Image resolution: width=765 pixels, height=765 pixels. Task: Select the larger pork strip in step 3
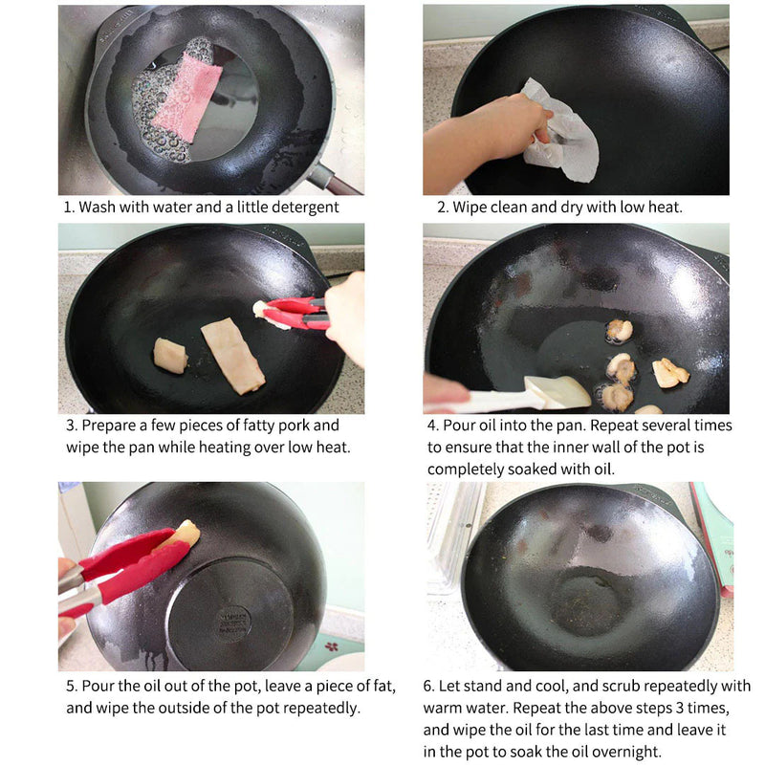[232, 356]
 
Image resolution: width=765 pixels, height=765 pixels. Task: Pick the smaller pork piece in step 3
[170, 355]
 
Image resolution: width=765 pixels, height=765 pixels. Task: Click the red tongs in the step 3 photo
[296, 312]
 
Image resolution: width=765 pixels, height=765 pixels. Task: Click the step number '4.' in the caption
[432, 426]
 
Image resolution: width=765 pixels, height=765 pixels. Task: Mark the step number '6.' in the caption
[429, 686]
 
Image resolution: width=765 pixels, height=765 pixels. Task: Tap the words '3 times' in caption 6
[695, 708]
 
